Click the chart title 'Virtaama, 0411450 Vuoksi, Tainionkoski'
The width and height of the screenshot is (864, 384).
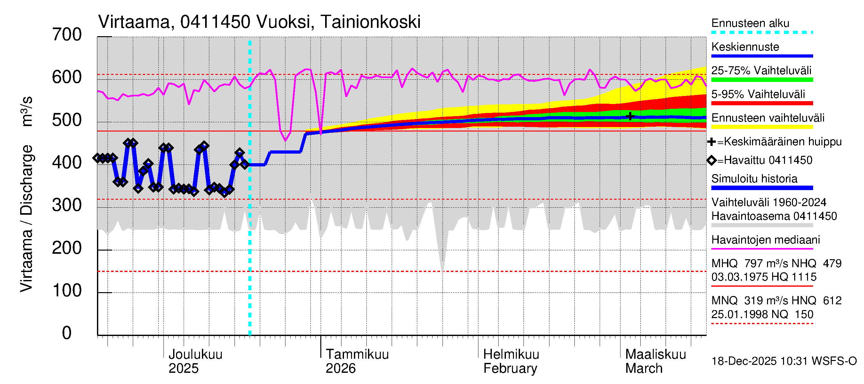tap(259, 22)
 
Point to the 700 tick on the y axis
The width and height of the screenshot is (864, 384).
tap(67, 35)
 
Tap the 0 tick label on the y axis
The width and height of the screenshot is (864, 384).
tap(67, 333)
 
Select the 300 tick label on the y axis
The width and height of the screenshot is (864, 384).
tap(67, 205)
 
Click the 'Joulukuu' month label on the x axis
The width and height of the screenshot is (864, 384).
tap(195, 355)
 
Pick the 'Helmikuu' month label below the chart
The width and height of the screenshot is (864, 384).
tap(511, 355)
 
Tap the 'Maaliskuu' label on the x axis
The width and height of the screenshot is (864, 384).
tap(655, 355)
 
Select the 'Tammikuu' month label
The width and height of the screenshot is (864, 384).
tap(357, 355)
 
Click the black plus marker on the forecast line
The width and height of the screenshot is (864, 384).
tap(630, 116)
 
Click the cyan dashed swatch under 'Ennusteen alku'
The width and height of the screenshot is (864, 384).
tap(762, 33)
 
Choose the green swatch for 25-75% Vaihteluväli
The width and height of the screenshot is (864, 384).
tap(762, 80)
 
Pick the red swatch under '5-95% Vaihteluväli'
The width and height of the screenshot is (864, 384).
tap(762, 103)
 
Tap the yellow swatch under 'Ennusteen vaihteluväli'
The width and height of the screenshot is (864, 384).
tap(762, 127)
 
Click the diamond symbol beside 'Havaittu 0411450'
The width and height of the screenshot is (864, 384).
tap(711, 160)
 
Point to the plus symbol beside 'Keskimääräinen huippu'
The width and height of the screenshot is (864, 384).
tap(711, 142)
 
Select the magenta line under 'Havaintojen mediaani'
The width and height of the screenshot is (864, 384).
tap(762, 249)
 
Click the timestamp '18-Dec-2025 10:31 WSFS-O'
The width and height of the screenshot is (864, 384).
tap(784, 361)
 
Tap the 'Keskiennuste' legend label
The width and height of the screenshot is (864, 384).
tap(745, 47)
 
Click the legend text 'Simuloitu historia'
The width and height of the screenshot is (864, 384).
tap(754, 179)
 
